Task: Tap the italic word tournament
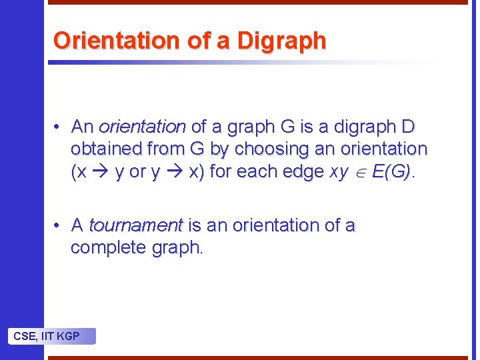point(135,225)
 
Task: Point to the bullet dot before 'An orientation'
point(59,127)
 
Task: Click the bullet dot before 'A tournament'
point(59,225)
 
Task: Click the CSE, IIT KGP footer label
point(47,336)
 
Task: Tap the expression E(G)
point(392,171)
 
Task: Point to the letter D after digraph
point(408,127)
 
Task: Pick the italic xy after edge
point(339,172)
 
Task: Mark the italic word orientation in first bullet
point(142,127)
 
